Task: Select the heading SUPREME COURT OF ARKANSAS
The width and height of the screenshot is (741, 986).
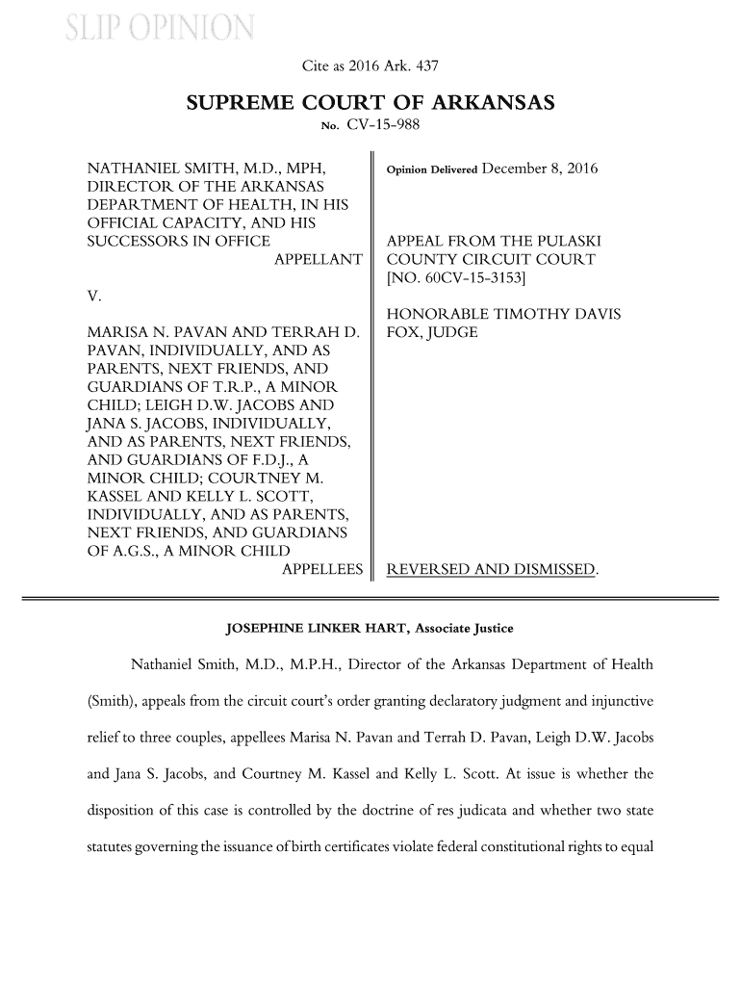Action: [370, 103]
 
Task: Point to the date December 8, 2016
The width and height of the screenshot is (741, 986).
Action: [539, 169]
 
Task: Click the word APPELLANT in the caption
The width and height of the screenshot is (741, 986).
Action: [319, 260]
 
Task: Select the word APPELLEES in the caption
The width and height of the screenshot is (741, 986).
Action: [321, 570]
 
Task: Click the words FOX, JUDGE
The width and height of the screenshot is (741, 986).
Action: [431, 333]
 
